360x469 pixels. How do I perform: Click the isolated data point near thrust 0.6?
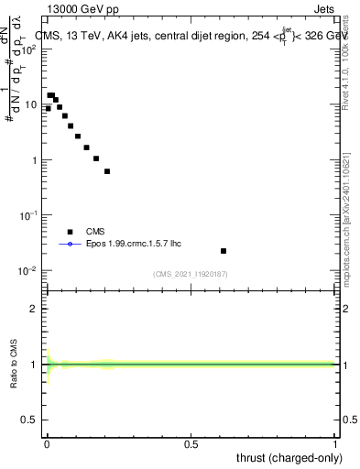224,250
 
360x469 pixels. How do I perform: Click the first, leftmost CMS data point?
48,108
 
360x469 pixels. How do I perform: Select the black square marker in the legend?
70,232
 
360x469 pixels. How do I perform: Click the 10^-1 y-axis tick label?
29,214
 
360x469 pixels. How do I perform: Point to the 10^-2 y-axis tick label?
29,270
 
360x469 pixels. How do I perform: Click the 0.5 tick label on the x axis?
191,444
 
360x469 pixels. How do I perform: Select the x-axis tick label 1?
335,444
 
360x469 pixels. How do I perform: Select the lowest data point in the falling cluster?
107,171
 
